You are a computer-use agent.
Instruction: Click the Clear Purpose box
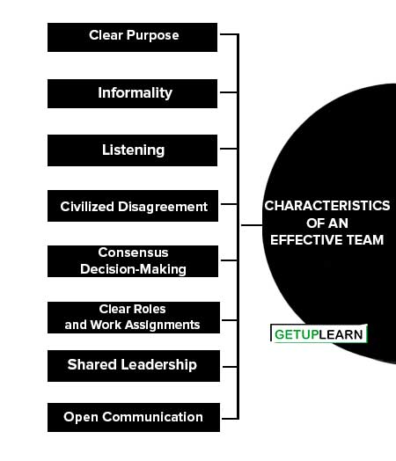(x=132, y=37)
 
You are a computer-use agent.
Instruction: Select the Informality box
(x=132, y=93)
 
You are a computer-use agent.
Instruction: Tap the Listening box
(x=132, y=150)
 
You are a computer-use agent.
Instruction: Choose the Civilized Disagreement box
(x=133, y=206)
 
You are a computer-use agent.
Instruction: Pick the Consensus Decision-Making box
(x=133, y=261)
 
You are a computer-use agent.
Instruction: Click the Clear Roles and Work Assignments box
(x=134, y=318)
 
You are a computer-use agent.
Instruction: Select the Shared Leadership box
(x=134, y=366)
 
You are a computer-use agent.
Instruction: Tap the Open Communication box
(x=134, y=418)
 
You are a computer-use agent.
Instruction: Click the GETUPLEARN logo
(x=319, y=333)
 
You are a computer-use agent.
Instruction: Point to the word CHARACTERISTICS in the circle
(x=327, y=206)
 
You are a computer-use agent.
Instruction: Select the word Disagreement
(x=163, y=207)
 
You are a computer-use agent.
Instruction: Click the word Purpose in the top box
(x=152, y=36)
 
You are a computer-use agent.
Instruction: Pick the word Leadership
(x=159, y=365)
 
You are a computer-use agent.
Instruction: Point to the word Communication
(x=152, y=417)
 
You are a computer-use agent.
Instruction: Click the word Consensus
(x=133, y=252)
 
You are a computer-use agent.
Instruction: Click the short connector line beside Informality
(x=229, y=92)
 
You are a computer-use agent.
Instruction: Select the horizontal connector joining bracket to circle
(x=252, y=225)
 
